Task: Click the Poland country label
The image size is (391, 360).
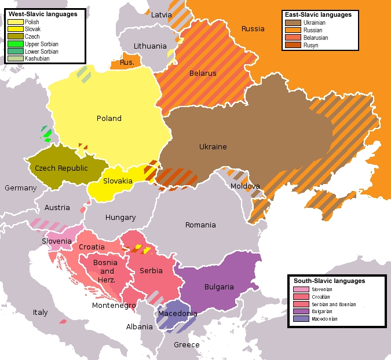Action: (109, 118)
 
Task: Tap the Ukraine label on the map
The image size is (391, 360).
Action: (213, 146)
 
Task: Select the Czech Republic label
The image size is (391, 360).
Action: (61, 168)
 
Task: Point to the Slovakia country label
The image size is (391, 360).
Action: (118, 181)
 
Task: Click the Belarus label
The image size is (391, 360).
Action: (203, 74)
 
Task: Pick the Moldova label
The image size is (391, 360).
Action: (245, 186)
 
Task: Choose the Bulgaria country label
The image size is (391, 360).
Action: (219, 286)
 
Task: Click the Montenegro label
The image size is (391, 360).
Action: (114, 306)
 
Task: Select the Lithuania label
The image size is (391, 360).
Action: (149, 46)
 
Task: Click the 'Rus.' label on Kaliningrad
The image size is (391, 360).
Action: (127, 62)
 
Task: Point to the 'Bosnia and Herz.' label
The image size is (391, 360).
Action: (105, 271)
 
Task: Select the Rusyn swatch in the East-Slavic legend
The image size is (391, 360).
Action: (293, 45)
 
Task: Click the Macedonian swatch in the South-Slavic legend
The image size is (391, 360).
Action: (301, 318)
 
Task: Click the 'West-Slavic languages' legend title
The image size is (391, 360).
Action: (43, 14)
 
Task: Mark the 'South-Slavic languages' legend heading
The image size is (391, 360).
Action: (329, 281)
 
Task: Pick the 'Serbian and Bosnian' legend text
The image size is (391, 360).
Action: (334, 304)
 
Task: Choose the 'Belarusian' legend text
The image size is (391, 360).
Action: (316, 38)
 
